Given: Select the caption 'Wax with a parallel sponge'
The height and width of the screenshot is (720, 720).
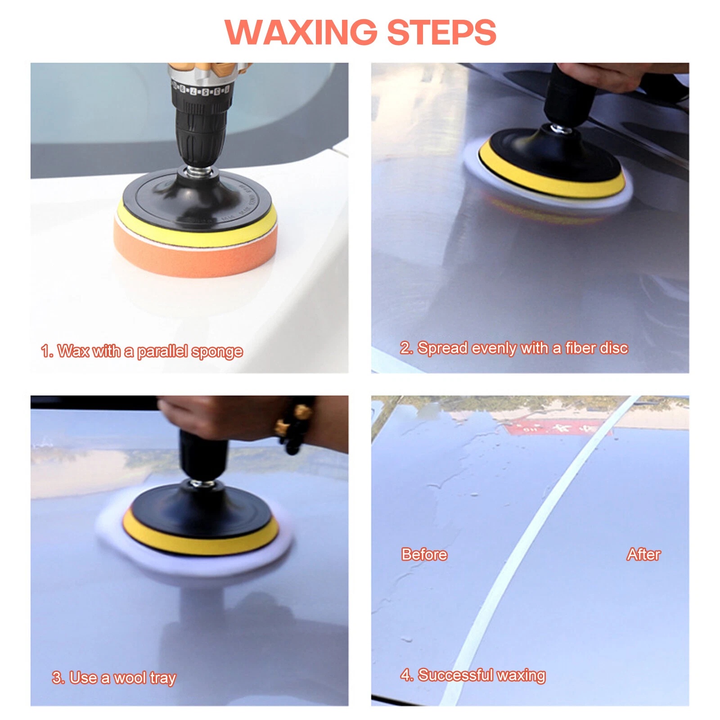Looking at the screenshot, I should (x=142, y=351).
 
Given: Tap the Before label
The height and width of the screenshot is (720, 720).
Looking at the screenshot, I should (x=424, y=554).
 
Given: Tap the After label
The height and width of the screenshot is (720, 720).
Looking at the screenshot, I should (x=643, y=554).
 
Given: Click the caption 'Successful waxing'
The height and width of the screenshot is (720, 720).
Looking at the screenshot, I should (x=472, y=675).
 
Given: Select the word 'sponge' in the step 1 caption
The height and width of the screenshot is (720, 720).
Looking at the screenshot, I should (x=217, y=351).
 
